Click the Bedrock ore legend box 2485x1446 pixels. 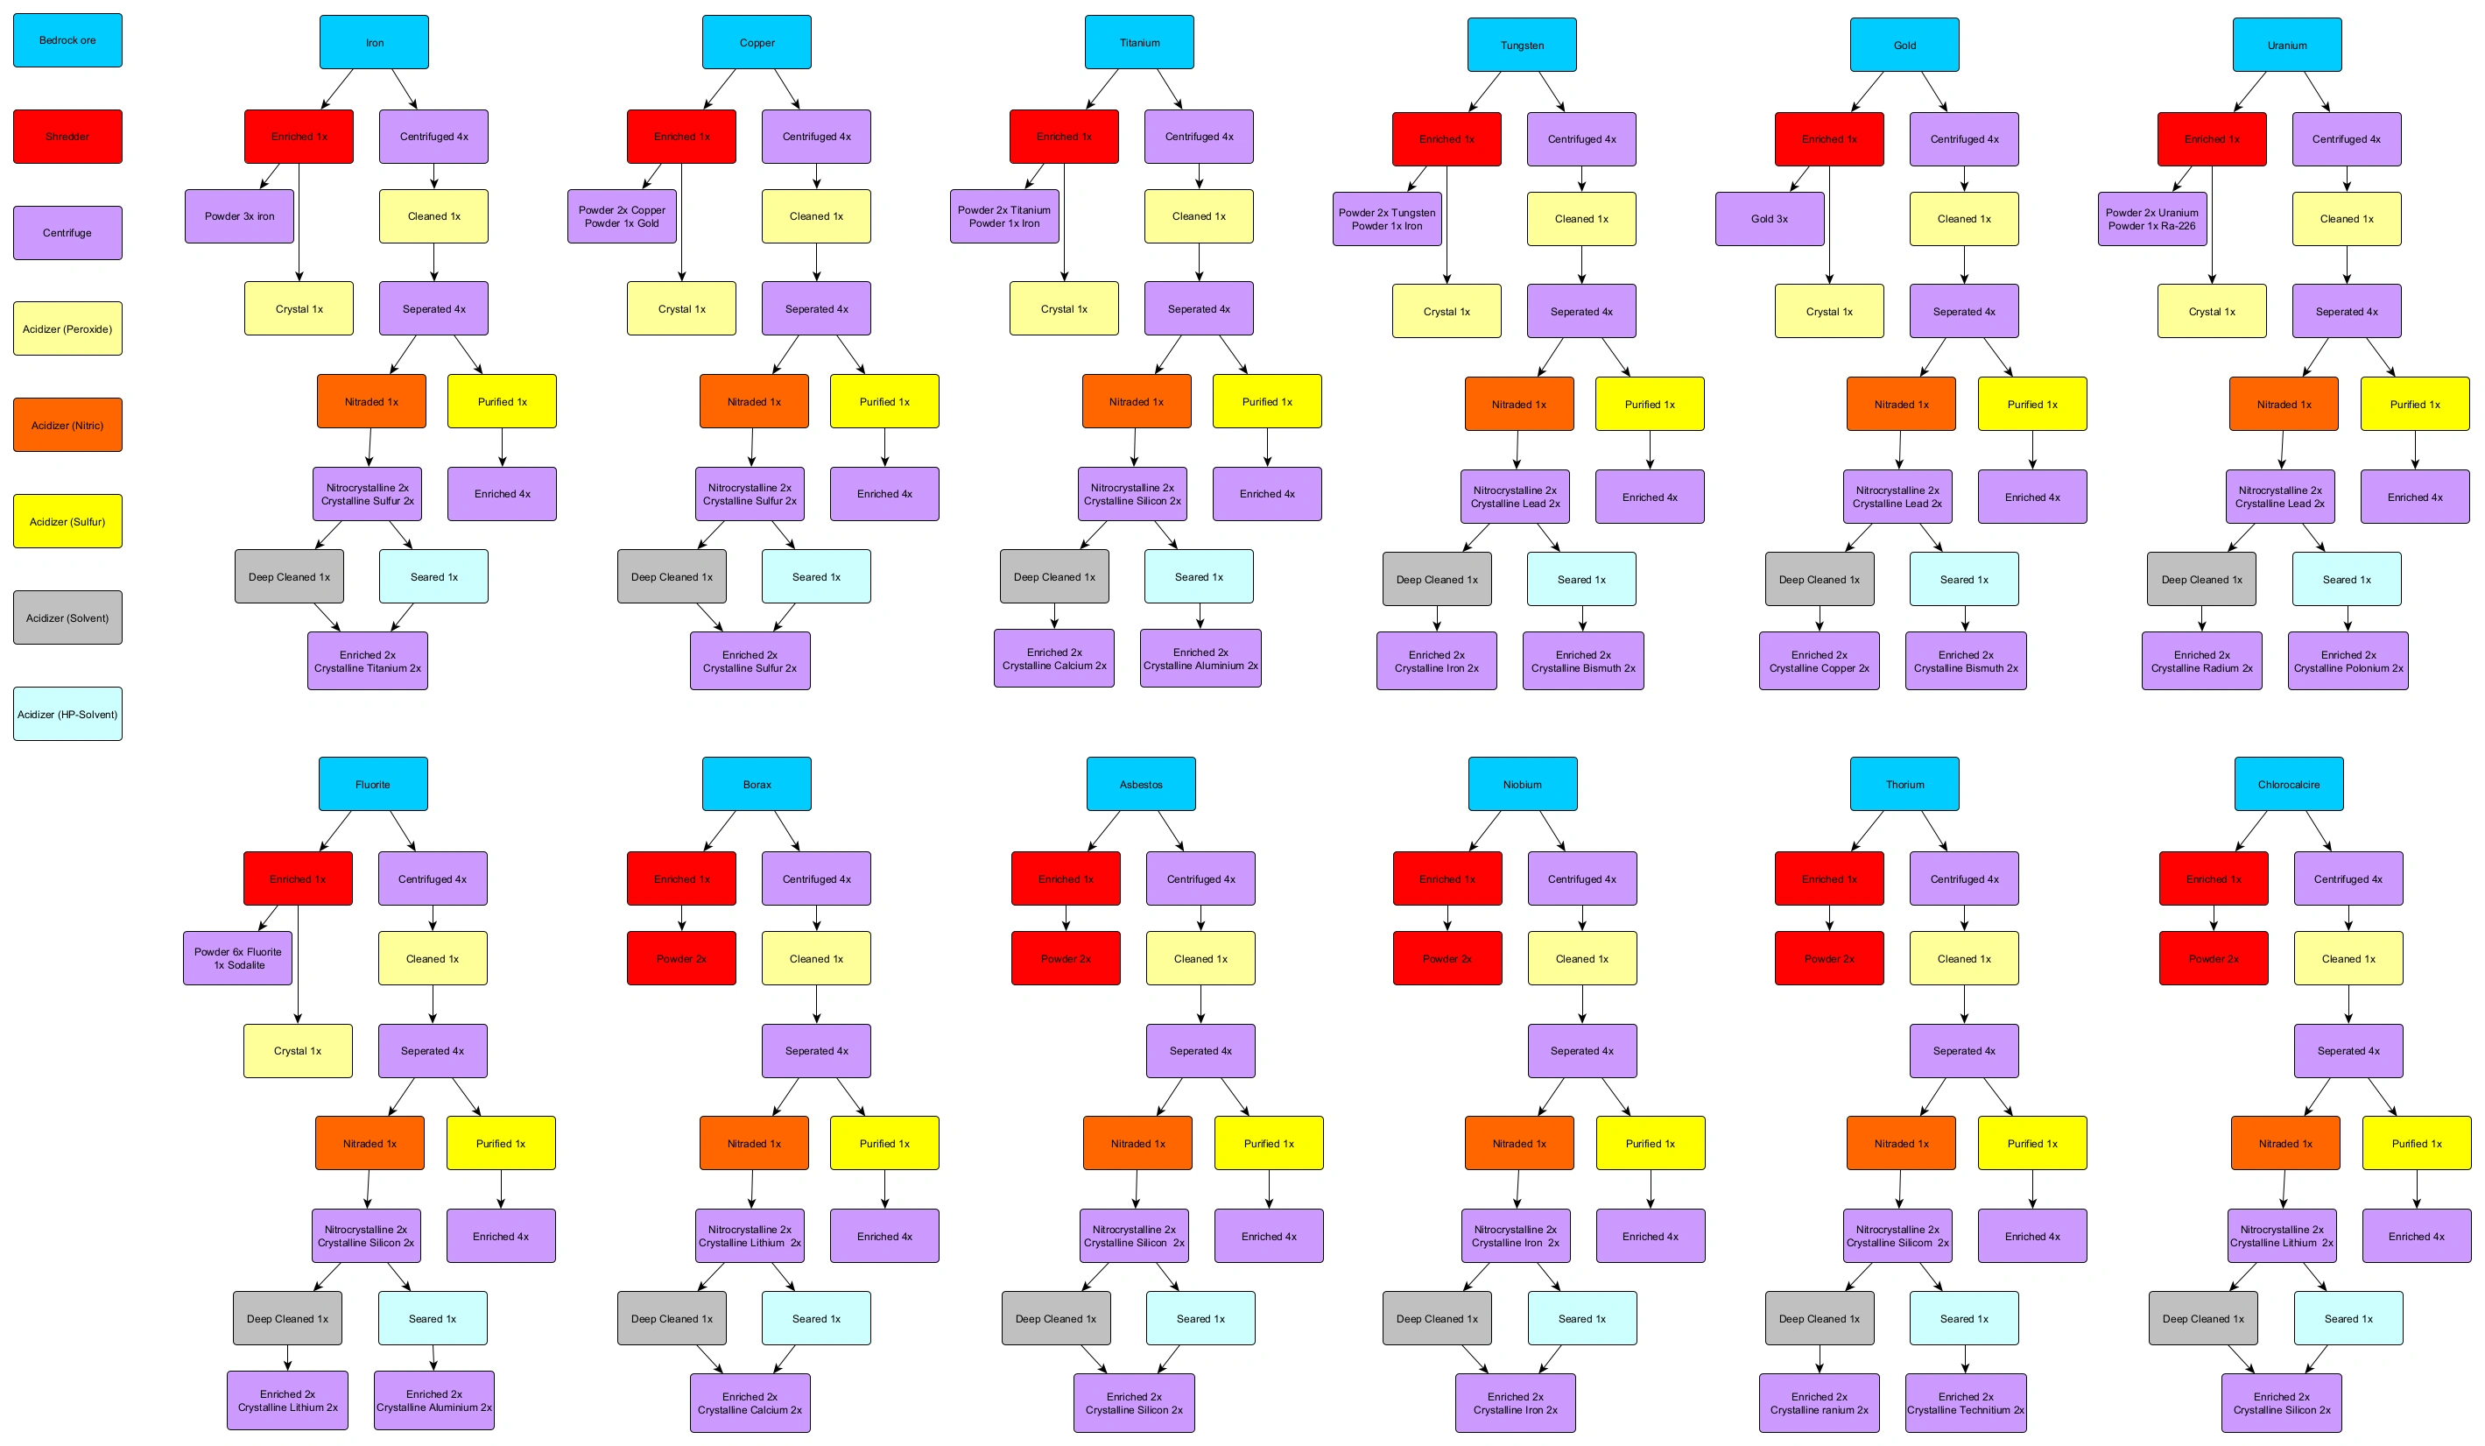tap(67, 40)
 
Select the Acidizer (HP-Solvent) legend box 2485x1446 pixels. tap(67, 714)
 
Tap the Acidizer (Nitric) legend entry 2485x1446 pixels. tap(67, 425)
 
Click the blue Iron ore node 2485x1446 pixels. tap(374, 42)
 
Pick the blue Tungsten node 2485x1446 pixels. tap(1522, 46)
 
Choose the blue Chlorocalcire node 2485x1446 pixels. tap(2288, 784)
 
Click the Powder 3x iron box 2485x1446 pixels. tap(239, 216)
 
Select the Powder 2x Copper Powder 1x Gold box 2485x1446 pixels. tap(622, 216)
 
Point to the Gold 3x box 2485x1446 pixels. tap(1769, 219)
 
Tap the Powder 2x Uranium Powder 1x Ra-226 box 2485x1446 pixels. tap(2151, 219)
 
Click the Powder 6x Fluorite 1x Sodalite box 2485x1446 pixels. tap(237, 958)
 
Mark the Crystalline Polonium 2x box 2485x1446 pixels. tap(2348, 661)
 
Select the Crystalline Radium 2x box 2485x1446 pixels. tap(2201, 661)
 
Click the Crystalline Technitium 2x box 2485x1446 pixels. tap(1965, 1402)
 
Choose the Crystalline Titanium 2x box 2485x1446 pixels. tap(367, 661)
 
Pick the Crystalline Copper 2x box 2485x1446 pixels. tap(1819, 661)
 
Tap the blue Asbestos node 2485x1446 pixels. tap(1141, 784)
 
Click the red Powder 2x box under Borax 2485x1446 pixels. tap(680, 958)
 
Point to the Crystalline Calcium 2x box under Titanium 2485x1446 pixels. tap(1054, 658)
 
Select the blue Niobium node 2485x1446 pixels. tap(1523, 784)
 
